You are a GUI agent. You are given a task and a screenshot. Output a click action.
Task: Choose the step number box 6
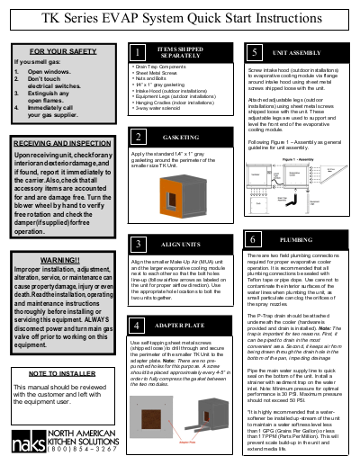click(255, 240)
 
